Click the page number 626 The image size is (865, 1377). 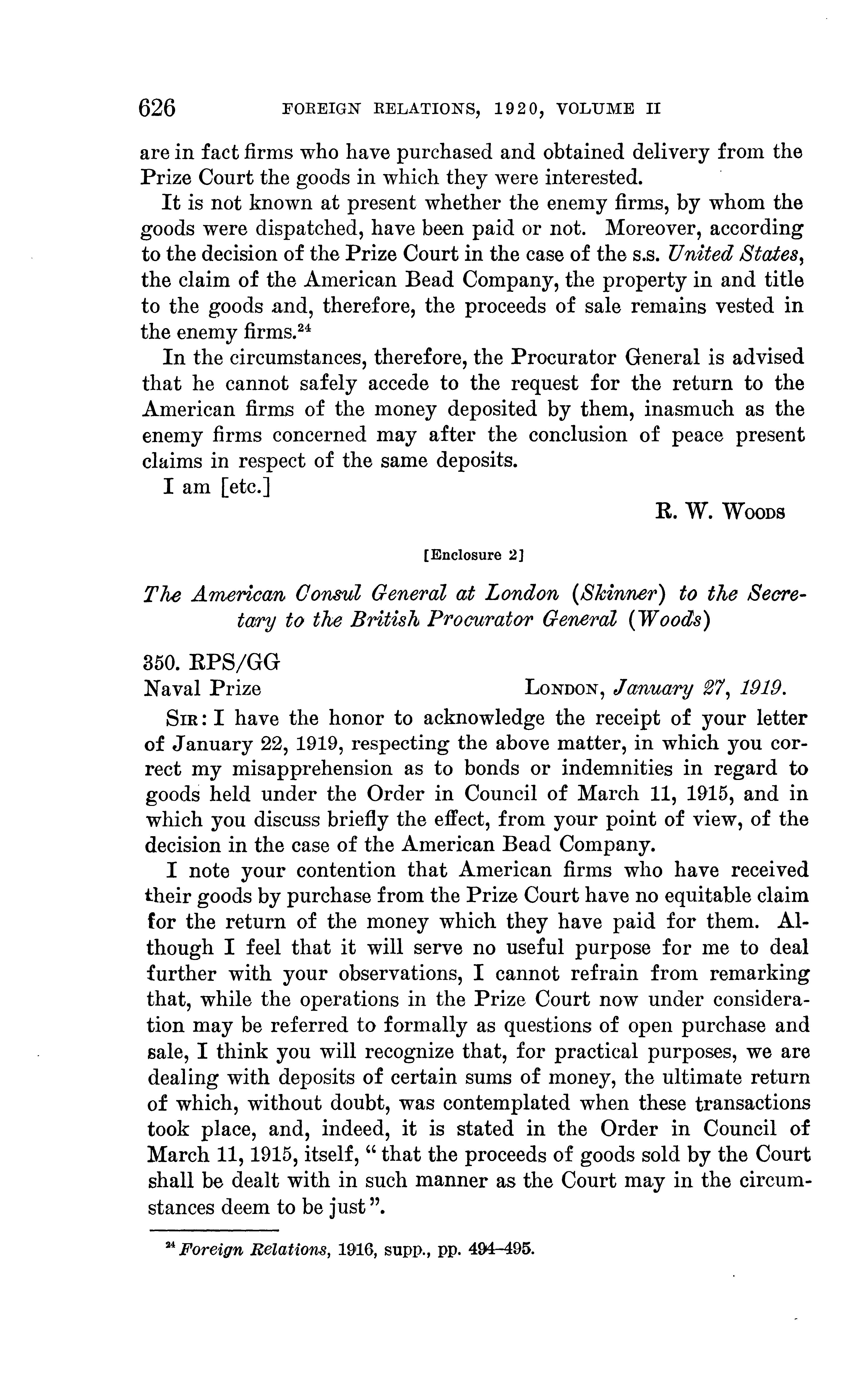[158, 108]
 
